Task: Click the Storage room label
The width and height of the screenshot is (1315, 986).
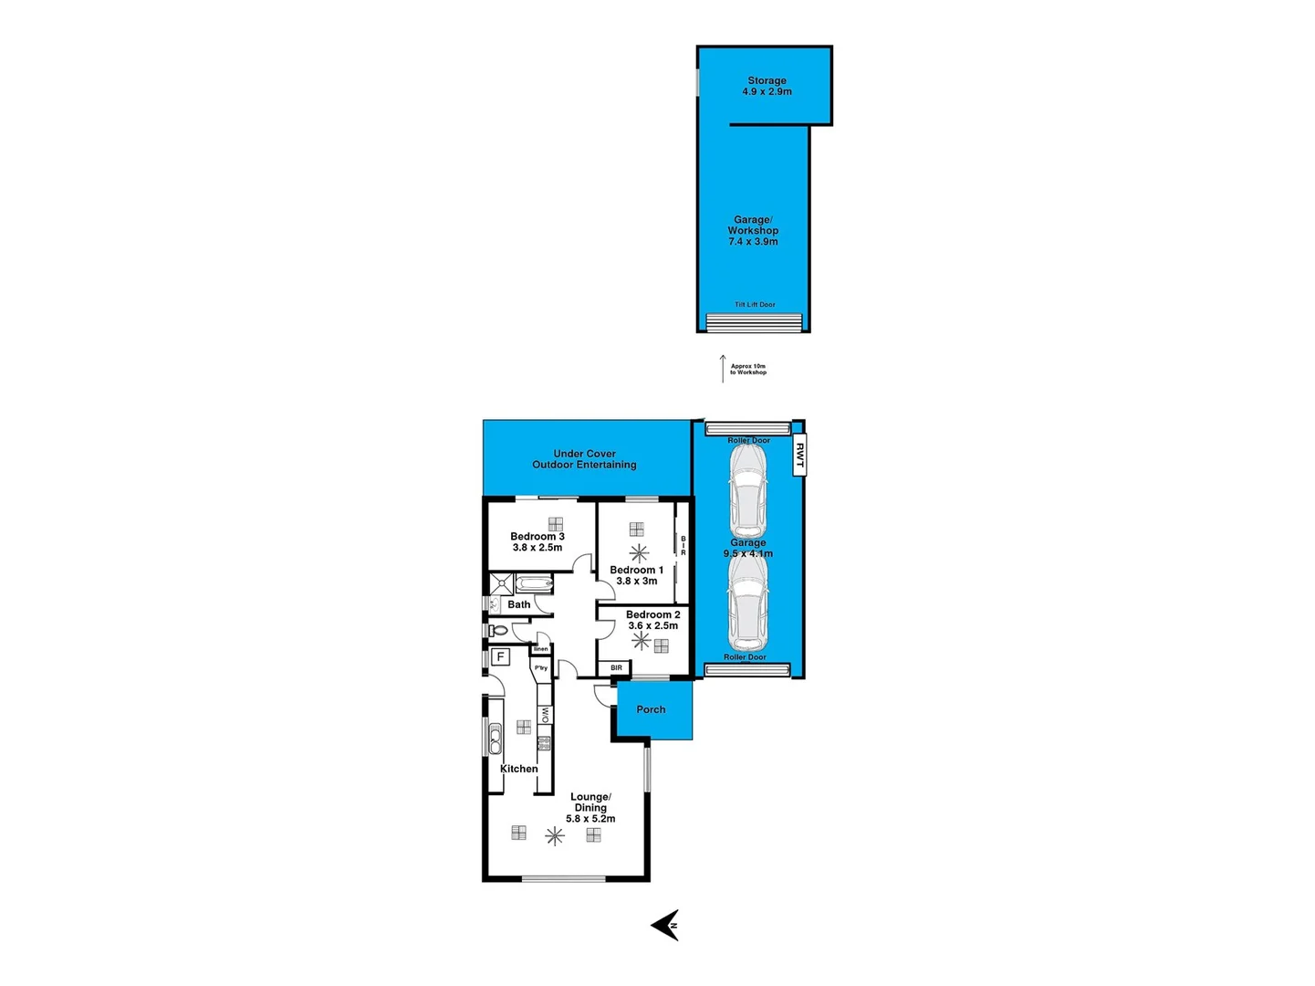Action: click(x=767, y=86)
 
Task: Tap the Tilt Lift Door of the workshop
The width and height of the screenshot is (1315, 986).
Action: click(x=755, y=321)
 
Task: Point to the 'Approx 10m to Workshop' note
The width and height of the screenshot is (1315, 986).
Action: click(x=747, y=369)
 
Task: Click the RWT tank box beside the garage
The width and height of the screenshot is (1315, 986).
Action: click(x=798, y=456)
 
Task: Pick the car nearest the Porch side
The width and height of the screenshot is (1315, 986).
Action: click(x=747, y=603)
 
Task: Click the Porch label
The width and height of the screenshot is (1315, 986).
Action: click(x=651, y=709)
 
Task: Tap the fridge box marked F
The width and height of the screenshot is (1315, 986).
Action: click(x=500, y=656)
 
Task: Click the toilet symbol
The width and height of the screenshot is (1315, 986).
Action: click(x=497, y=630)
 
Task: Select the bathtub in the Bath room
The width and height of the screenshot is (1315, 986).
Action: click(x=534, y=584)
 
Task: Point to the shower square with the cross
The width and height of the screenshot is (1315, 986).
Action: click(x=501, y=584)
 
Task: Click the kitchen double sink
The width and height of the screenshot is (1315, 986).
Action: click(x=496, y=738)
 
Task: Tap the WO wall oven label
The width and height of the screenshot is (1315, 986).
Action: click(x=545, y=714)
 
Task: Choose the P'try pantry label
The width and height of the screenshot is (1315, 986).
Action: click(x=541, y=668)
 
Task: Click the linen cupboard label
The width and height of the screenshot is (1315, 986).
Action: click(x=541, y=649)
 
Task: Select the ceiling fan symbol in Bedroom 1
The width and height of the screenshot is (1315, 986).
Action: click(x=639, y=552)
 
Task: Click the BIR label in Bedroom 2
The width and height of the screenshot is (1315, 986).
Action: click(x=617, y=668)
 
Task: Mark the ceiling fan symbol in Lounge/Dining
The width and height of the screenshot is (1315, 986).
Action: click(x=554, y=835)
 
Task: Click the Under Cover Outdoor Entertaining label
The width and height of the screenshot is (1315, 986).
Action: click(x=584, y=459)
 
